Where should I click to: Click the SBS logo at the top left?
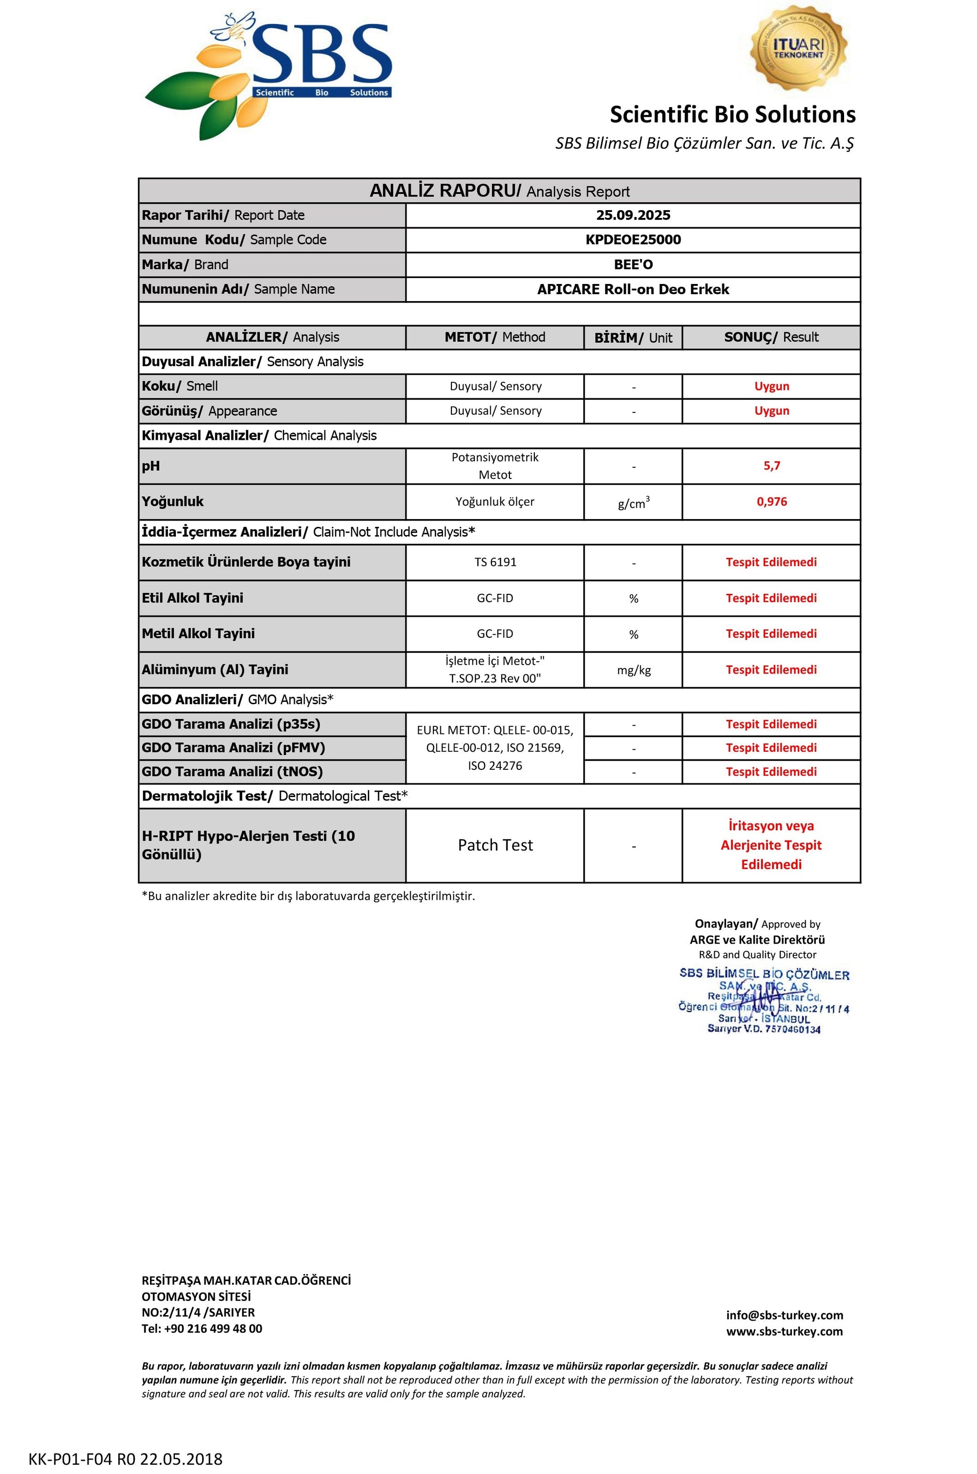pyautogui.click(x=268, y=75)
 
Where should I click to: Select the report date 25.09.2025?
pyautogui.click(x=633, y=216)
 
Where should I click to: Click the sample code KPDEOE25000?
pyautogui.click(x=633, y=240)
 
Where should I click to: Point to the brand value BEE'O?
pyautogui.click(x=633, y=265)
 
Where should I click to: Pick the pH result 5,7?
pyautogui.click(x=771, y=466)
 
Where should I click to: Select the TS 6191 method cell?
pyautogui.click(x=495, y=562)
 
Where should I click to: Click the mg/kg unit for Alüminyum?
pyautogui.click(x=633, y=671)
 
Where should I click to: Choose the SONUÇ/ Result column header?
pyautogui.click(x=771, y=337)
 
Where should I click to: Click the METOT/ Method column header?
pyautogui.click(x=495, y=337)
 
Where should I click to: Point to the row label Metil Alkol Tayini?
pyautogui.click(x=198, y=634)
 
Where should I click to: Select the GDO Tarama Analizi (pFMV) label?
pyautogui.click(x=233, y=748)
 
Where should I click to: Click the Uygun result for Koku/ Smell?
pyautogui.click(x=771, y=387)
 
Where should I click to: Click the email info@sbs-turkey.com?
pyautogui.click(x=784, y=1316)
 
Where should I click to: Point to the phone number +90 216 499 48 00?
pyautogui.click(x=212, y=1329)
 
